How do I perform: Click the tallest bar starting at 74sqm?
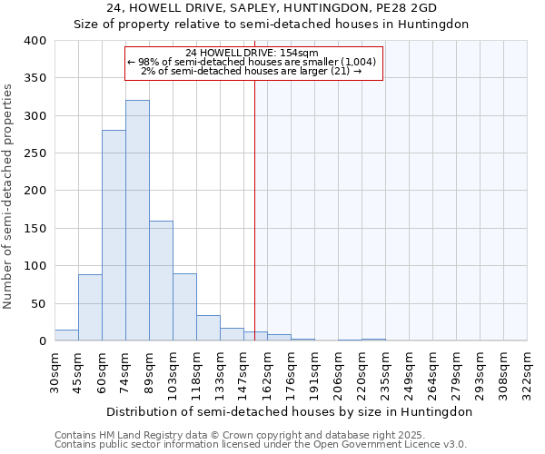[x=137, y=221]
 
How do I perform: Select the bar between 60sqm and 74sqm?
[x=114, y=236]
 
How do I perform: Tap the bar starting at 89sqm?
[x=161, y=281]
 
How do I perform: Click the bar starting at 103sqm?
[x=184, y=307]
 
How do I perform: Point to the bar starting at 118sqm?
[x=208, y=328]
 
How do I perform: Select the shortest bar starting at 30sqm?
[x=66, y=335]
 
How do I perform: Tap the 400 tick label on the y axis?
[x=35, y=41]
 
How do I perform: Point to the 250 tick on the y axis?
[x=35, y=153]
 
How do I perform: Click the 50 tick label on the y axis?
[x=38, y=303]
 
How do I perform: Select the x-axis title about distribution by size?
[x=290, y=411]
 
